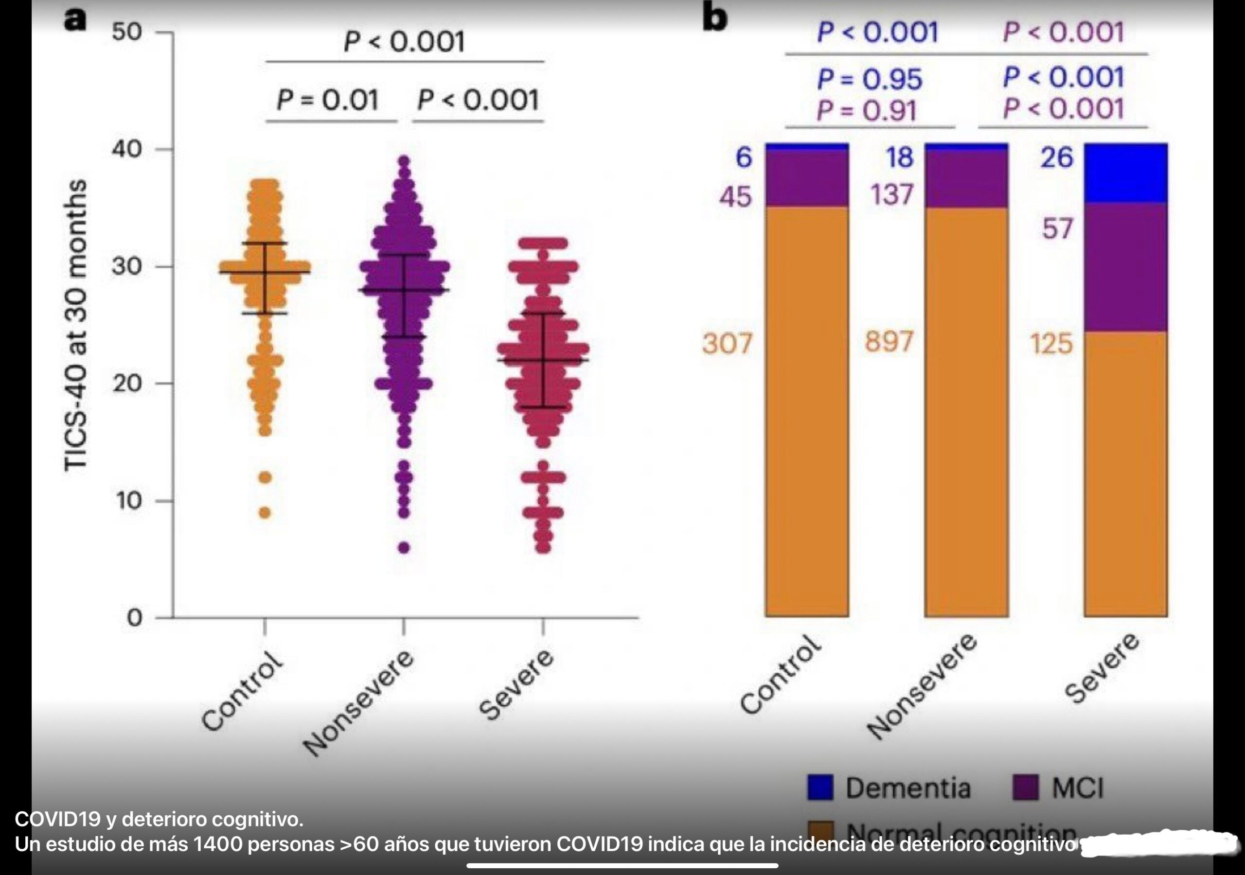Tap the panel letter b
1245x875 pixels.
coord(715,18)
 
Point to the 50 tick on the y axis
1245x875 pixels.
coord(127,32)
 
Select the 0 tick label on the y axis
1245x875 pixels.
coord(134,617)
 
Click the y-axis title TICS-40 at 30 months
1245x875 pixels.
coord(75,325)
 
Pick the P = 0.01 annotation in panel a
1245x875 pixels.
coord(327,100)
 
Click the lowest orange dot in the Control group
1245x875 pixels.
coord(265,512)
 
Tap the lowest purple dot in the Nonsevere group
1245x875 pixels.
coord(404,547)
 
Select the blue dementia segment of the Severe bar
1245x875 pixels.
coord(1126,174)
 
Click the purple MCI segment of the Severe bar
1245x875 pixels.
coord(1126,267)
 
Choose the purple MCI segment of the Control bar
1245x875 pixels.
coord(807,178)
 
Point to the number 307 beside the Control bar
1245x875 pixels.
coord(727,343)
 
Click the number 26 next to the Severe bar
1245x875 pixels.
coord(1056,158)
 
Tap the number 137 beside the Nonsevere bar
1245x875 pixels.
coord(892,194)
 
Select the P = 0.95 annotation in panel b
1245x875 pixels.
coord(869,79)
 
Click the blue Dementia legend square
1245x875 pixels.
coord(820,787)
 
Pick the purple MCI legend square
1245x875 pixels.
coord(1025,787)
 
